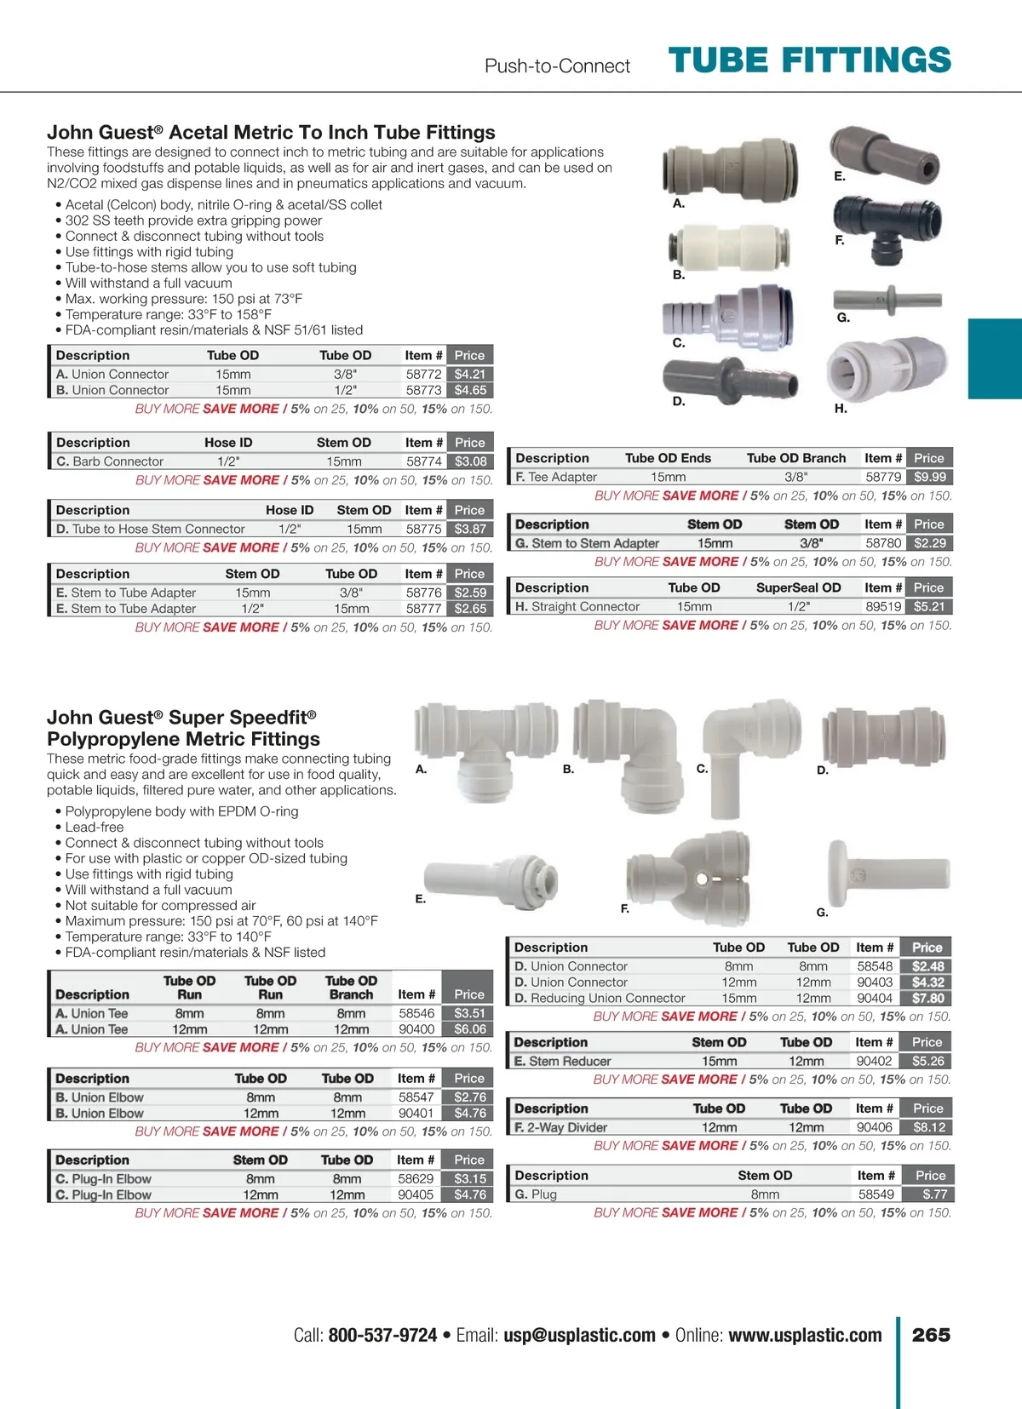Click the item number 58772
[x=423, y=374]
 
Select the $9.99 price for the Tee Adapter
[x=929, y=478]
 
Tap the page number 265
[x=931, y=1335]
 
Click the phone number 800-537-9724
[x=382, y=1335]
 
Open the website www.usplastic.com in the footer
[x=805, y=1335]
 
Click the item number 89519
[x=883, y=607]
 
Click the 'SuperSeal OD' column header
[x=798, y=587]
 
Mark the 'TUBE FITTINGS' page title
[x=809, y=60]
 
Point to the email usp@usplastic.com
[x=579, y=1335]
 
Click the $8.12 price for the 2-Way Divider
[x=929, y=1127]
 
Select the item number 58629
[x=416, y=1179]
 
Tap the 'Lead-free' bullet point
[x=95, y=827]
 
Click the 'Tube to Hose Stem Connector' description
[x=158, y=529]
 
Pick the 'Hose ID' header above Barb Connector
[x=228, y=443]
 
